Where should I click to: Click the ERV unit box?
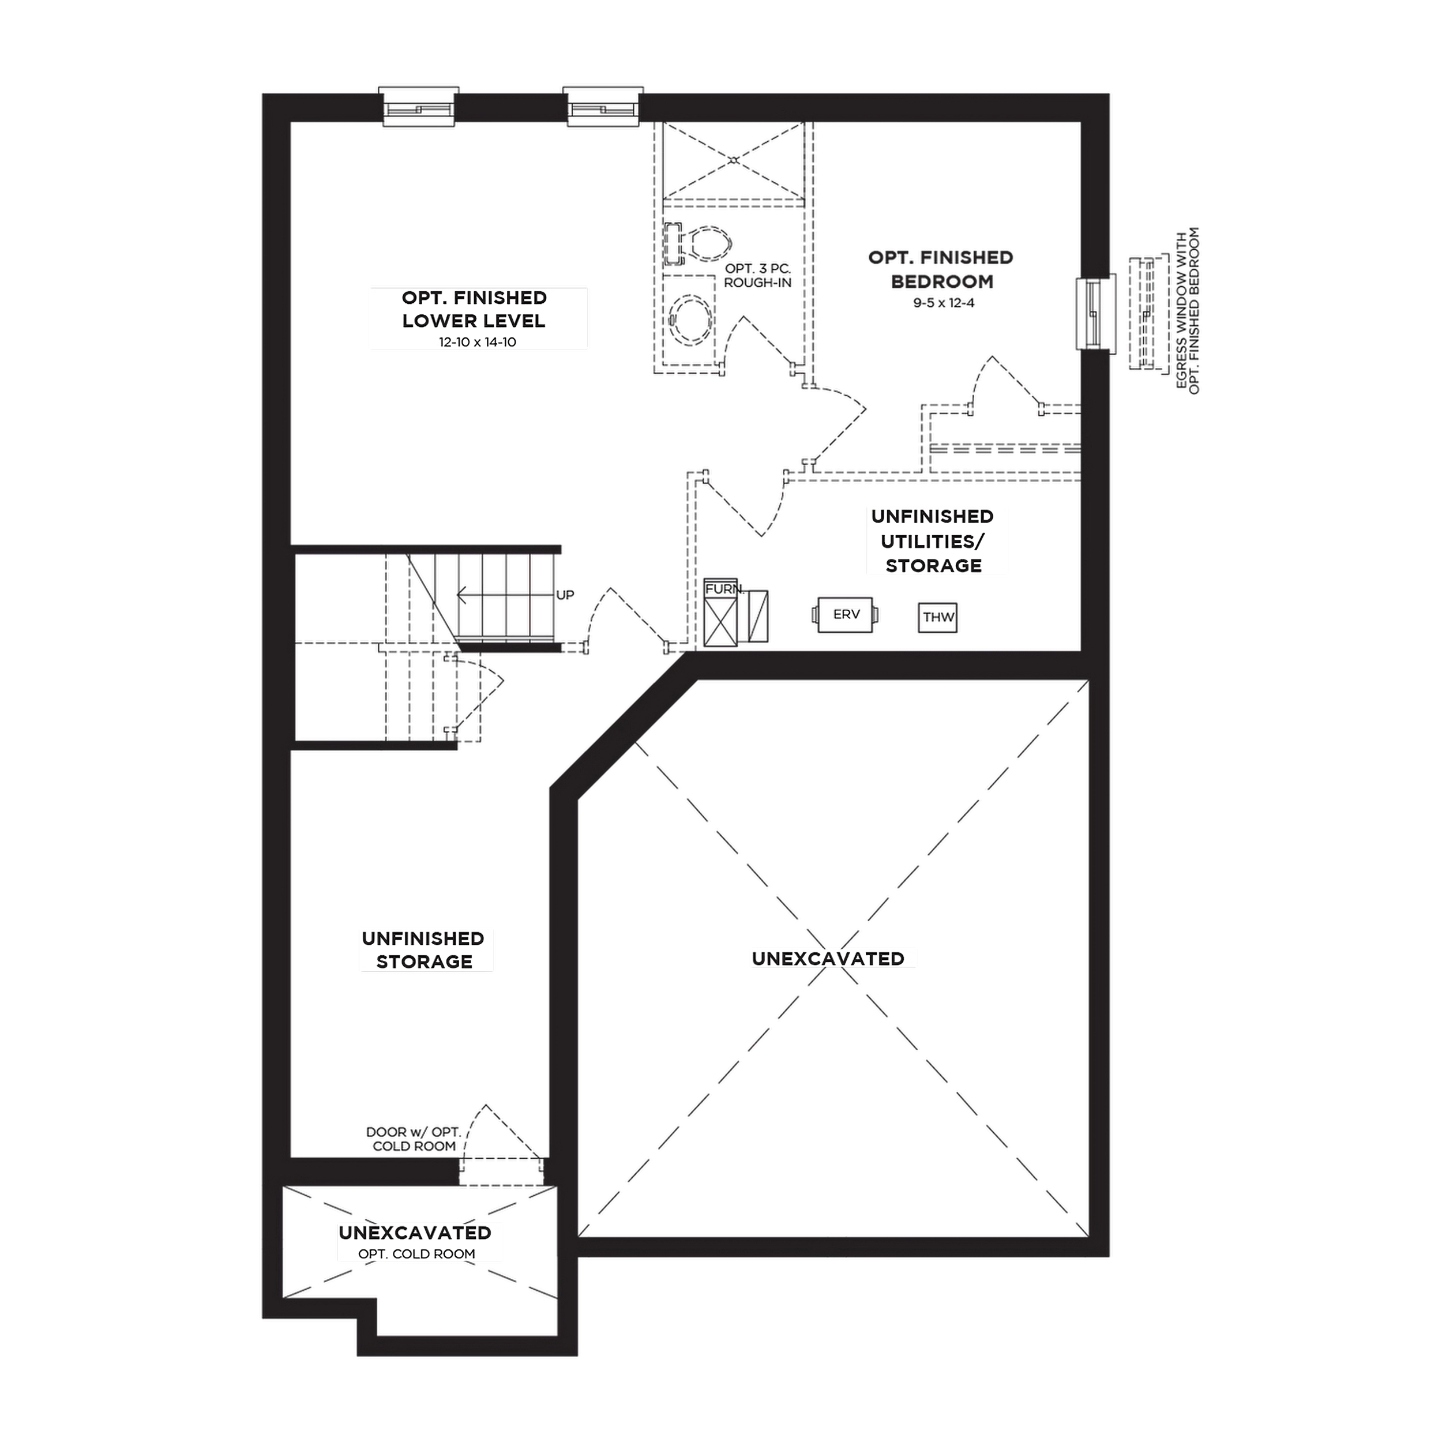tap(846, 614)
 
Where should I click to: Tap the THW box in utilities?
tap(937, 617)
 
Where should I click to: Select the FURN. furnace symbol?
tap(720, 612)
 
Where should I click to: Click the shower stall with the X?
tap(734, 160)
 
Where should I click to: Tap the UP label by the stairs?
tap(565, 595)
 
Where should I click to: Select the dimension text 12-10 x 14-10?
tap(478, 342)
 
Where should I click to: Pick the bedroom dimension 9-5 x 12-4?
tap(944, 303)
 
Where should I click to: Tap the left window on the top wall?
tap(419, 107)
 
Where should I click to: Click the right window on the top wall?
tap(603, 107)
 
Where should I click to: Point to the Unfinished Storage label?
tap(423, 949)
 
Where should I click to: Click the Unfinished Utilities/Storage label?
tap(933, 540)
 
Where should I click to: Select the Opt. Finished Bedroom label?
tap(941, 269)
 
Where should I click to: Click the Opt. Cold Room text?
tap(416, 1254)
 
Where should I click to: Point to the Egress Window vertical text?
tap(1188, 310)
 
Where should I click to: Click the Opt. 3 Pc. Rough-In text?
tap(757, 275)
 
